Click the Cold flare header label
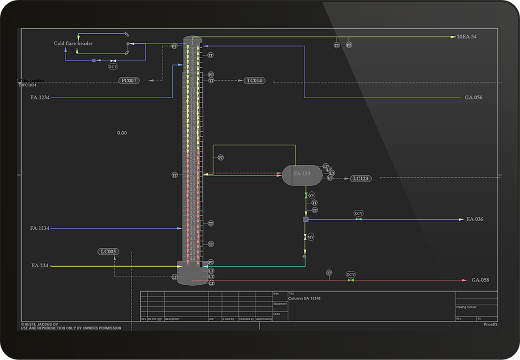(73, 43)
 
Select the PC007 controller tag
(129, 81)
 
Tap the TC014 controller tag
(255, 81)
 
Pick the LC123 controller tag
(361, 178)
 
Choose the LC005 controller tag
(108, 252)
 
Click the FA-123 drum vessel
(302, 175)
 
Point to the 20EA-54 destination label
(466, 37)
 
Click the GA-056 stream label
(473, 98)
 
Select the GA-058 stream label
(480, 280)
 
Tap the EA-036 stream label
(474, 220)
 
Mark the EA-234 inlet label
(40, 266)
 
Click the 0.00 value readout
(122, 133)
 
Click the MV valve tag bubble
(311, 237)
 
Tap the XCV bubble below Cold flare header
(113, 67)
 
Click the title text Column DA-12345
(304, 299)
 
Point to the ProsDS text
(490, 325)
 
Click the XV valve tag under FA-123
(311, 195)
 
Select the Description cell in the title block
(172, 319)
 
